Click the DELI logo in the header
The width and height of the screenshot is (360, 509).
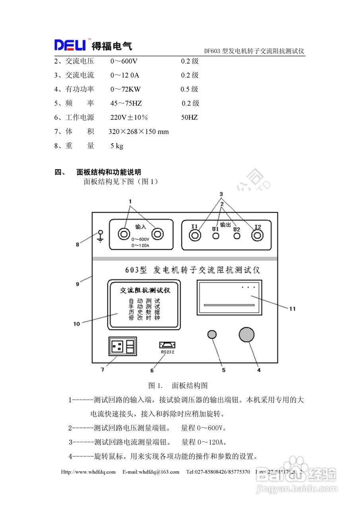coord(70,45)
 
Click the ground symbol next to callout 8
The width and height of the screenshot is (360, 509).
coord(100,236)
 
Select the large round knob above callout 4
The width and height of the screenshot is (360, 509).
coord(247,334)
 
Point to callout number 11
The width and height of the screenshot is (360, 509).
coord(292,308)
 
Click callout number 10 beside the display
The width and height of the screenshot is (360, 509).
coord(76,324)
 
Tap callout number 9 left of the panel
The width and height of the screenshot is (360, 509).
coord(78,284)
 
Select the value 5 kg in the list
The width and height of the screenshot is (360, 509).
coord(117,146)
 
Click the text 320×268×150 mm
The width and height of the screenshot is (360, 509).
coord(138,132)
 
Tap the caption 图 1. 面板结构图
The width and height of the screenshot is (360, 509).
coord(178,385)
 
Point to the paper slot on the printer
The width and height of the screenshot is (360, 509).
coord(229,305)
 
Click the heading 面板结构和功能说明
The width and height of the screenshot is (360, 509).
coord(108,172)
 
